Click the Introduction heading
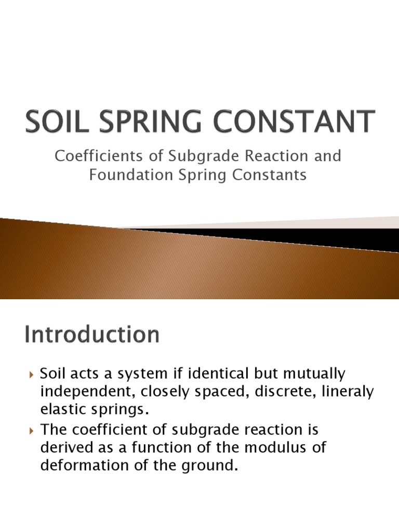92,334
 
